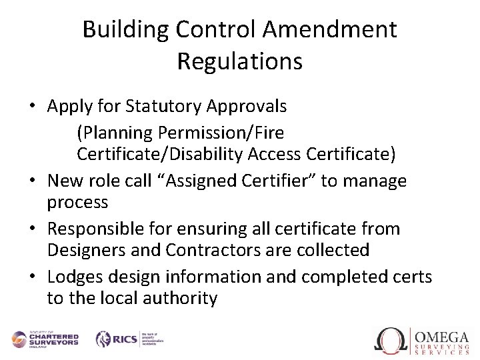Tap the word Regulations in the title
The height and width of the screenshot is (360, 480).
(240, 61)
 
